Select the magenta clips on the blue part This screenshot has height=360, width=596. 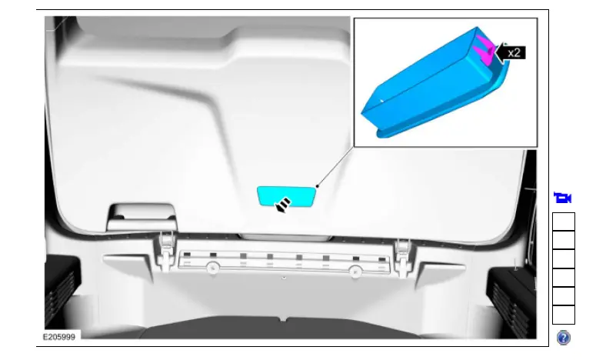tap(484, 48)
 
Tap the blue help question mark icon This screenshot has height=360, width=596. tap(563, 337)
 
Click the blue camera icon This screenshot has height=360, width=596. tap(563, 198)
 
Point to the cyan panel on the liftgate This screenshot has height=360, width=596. tap(286, 195)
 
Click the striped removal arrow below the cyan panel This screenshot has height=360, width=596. tap(284, 205)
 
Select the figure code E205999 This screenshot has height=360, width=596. tap(58, 337)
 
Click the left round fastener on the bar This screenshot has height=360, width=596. tap(211, 268)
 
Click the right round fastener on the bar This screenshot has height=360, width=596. tap(355, 270)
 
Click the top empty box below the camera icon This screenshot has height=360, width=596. tap(563, 222)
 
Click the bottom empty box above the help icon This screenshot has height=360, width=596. tap(563, 315)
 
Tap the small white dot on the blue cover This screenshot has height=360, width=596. tap(382, 99)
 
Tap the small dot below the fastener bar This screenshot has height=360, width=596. tap(284, 277)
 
